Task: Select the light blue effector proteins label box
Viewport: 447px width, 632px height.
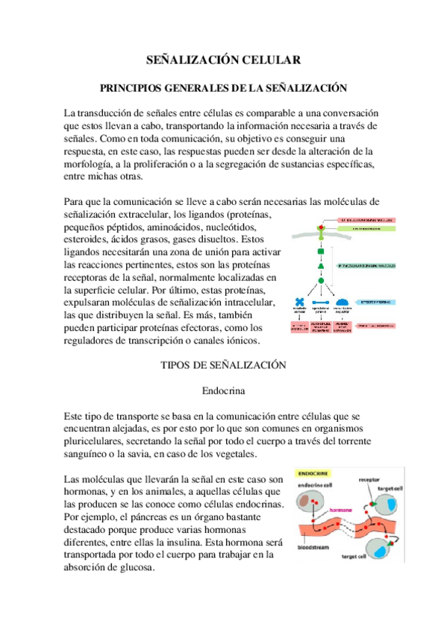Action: pyautogui.click(x=376, y=303)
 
